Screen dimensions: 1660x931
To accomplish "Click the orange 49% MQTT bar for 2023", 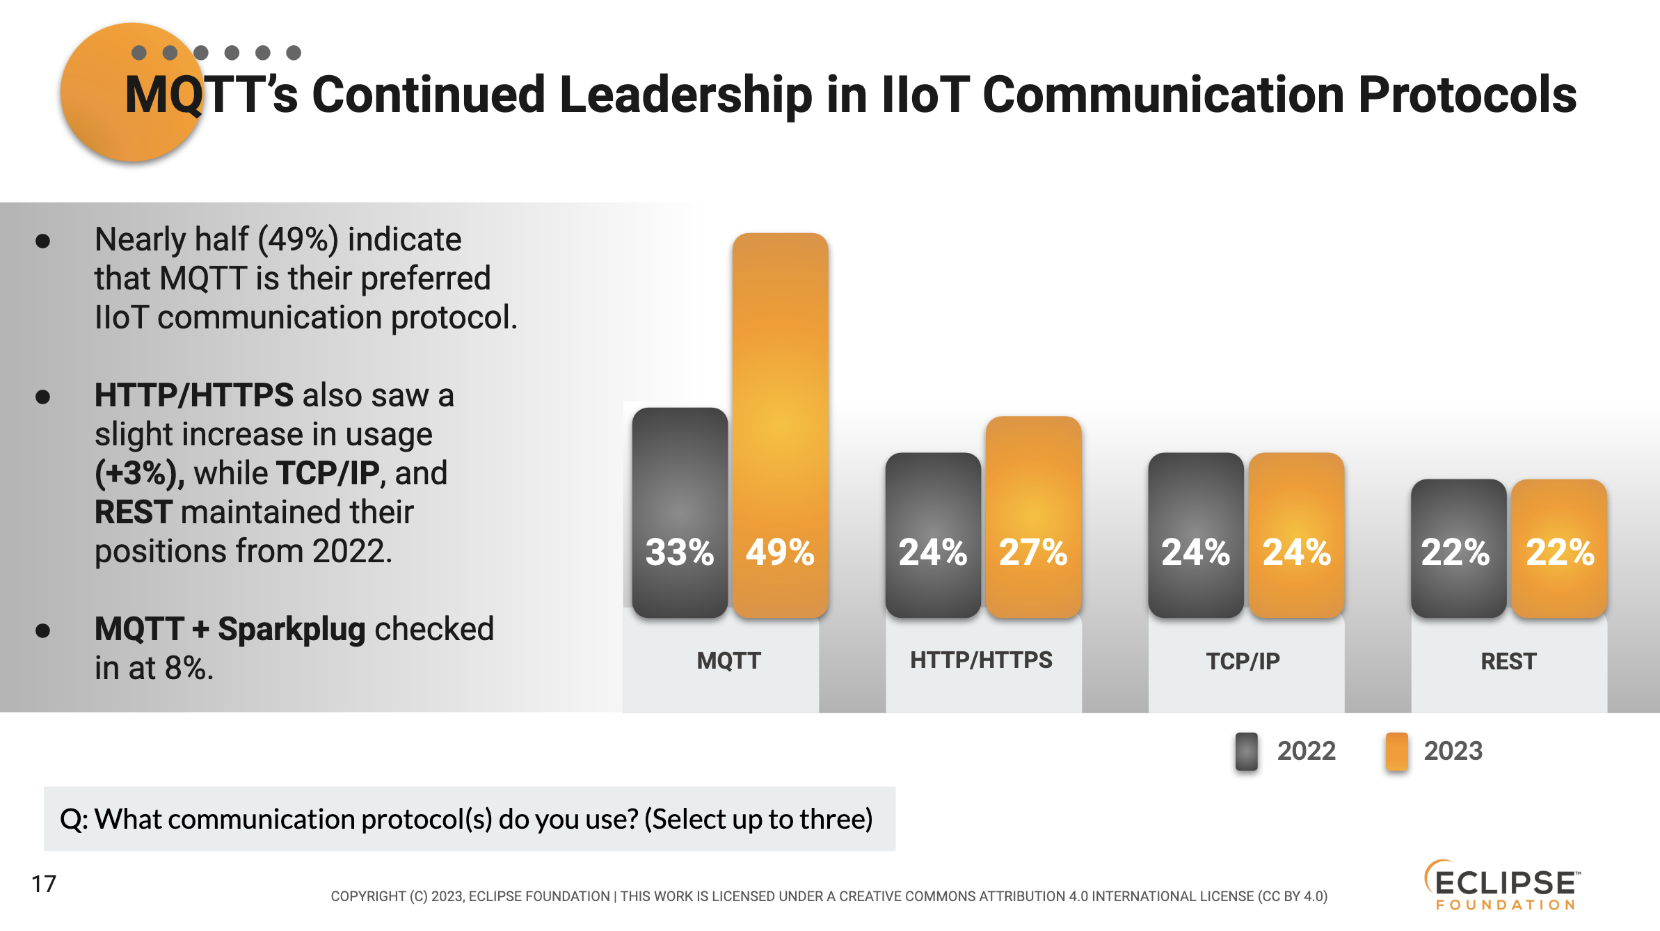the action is point(780,425).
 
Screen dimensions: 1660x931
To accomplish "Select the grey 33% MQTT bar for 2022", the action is point(680,513).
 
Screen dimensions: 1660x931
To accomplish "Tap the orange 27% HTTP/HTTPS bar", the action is point(1033,517).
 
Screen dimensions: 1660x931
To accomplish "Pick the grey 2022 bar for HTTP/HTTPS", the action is point(933,535).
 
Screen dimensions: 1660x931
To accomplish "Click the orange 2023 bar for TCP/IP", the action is point(1296,535).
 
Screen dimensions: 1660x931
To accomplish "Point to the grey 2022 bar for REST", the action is point(1458,548).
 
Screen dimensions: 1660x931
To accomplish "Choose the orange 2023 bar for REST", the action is point(1559,548).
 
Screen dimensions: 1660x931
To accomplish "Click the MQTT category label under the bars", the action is point(728,660).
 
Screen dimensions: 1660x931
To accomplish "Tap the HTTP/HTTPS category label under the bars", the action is point(981,660).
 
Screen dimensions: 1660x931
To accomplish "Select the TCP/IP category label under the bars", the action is point(1243,660).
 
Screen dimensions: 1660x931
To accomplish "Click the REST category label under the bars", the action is point(1508,660).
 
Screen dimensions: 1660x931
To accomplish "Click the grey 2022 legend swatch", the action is point(1246,751).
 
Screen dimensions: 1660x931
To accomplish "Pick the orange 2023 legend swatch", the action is point(1396,751).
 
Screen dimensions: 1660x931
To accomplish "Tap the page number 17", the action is point(43,884).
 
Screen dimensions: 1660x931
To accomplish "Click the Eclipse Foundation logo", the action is point(1503,885).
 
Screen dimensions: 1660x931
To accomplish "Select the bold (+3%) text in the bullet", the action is point(140,474).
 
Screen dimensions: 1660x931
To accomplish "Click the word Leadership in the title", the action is point(685,95).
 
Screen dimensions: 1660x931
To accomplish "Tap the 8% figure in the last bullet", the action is point(189,668).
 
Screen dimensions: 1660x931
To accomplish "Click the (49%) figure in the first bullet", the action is point(298,240).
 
